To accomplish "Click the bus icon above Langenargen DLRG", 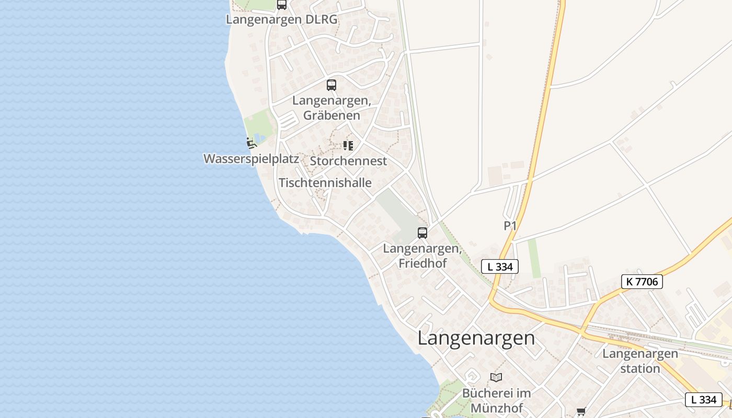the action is (x=282, y=5).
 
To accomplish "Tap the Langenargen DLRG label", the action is (x=282, y=20).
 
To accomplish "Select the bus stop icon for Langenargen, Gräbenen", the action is (x=331, y=85).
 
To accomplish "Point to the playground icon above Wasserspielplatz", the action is (x=251, y=142).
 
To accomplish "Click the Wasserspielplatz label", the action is (x=251, y=159).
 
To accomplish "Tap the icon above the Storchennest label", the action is (x=348, y=145).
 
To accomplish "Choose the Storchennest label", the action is (x=348, y=161).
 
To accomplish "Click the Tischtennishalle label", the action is (x=325, y=183).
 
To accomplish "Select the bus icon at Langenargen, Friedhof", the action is (x=422, y=233).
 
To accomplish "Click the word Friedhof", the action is (x=422, y=263).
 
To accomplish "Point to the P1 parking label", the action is (x=510, y=226).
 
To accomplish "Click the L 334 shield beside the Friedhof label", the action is (x=500, y=266).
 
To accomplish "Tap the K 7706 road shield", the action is (x=642, y=282).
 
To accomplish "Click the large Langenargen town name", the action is (x=476, y=338).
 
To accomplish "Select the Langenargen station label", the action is (x=640, y=361).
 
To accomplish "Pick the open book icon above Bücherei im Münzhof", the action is (x=496, y=377).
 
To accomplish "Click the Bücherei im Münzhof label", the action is (x=496, y=400).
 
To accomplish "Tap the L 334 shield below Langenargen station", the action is (x=703, y=400).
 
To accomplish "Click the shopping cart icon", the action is (x=581, y=412).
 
